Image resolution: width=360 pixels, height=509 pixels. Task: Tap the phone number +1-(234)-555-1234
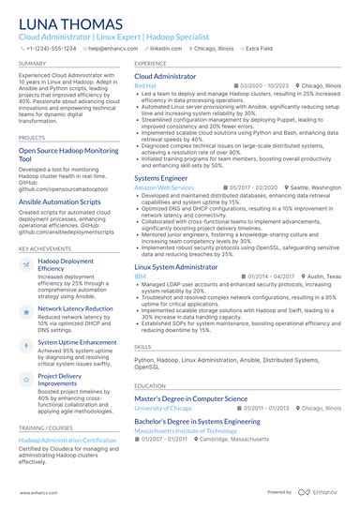tap(52, 49)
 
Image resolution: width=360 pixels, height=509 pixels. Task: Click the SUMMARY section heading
tap(32, 64)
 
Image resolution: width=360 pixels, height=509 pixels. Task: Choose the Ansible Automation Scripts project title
tap(63, 201)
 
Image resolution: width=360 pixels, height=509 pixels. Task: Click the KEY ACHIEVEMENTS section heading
tap(44, 247)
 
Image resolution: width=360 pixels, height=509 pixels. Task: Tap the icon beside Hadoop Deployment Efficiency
tap(26, 266)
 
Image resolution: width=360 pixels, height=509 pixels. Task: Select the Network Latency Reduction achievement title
tap(75, 308)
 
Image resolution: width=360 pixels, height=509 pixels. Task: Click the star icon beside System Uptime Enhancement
tap(26, 344)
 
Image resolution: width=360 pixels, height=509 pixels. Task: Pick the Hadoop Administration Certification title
tap(67, 439)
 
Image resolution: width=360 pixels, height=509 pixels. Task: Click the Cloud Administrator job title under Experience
tap(165, 76)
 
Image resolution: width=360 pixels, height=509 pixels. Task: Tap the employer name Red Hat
tap(145, 85)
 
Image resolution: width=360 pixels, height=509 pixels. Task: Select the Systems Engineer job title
tap(161, 177)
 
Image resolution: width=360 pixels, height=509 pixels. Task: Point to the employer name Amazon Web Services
tap(164, 187)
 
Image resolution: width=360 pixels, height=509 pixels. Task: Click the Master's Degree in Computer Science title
tap(190, 398)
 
